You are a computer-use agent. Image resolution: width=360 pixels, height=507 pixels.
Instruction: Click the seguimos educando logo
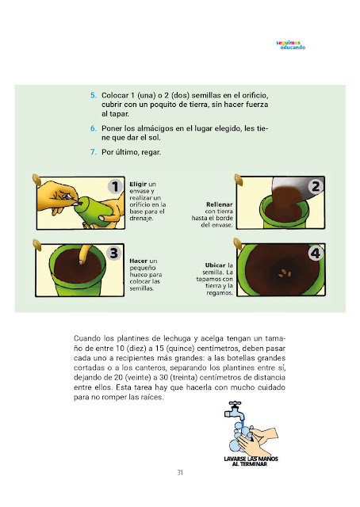[290, 45]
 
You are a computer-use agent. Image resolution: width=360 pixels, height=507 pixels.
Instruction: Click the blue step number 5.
[94, 95]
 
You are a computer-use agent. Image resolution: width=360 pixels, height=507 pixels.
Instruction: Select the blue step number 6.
[94, 128]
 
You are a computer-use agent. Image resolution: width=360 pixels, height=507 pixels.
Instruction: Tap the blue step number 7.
[94, 152]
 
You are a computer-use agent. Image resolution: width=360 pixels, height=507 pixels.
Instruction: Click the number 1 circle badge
[115, 187]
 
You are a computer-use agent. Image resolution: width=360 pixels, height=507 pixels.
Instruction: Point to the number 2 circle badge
[316, 186]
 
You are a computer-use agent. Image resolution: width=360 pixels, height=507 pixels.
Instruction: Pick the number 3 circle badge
[113, 253]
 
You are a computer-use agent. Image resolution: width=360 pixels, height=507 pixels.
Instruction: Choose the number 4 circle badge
[316, 253]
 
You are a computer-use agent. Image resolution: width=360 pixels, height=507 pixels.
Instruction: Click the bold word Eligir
[138, 185]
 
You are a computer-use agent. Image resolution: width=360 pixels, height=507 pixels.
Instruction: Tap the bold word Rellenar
[219, 204]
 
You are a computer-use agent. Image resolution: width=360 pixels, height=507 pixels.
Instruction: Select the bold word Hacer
[139, 261]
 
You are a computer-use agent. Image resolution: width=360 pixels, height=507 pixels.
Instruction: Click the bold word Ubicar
[215, 265]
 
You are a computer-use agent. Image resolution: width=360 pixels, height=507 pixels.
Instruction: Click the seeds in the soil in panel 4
[285, 273]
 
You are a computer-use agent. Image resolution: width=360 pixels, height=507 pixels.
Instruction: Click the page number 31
[180, 472]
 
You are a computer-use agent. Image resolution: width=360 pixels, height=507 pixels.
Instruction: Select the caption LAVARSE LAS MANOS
[251, 459]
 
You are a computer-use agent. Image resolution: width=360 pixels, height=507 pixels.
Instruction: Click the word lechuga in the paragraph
[177, 338]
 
